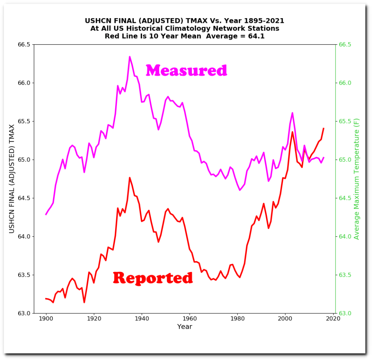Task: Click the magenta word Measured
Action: coord(186,70)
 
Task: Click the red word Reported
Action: coord(153,278)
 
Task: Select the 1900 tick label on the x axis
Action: coord(46,319)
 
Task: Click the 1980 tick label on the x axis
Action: coord(237,319)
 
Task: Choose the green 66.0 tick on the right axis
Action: coord(345,83)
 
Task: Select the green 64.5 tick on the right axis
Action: coord(345,198)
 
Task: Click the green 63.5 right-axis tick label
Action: coord(345,275)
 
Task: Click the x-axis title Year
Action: coord(185,327)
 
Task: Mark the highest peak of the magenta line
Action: coord(130,57)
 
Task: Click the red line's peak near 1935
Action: coord(130,177)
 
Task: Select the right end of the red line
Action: coord(323,128)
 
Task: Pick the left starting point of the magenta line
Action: coord(46,215)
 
